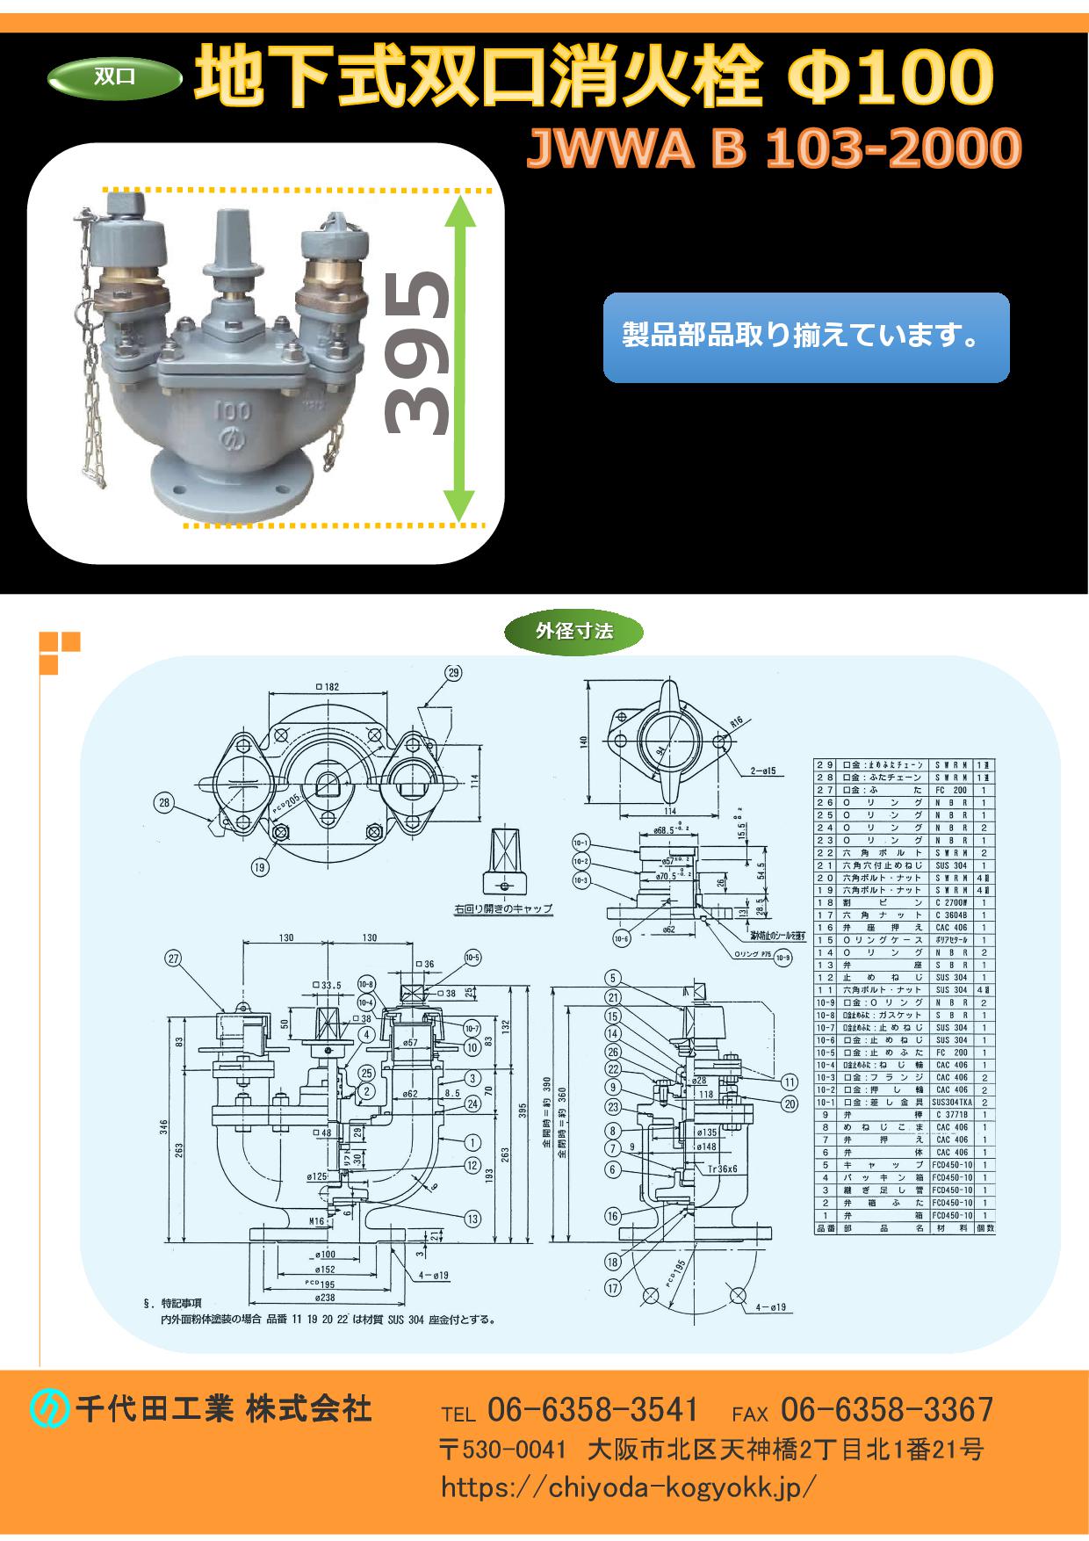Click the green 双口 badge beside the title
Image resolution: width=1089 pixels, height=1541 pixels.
(114, 77)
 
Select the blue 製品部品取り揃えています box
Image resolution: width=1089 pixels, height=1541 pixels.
(806, 337)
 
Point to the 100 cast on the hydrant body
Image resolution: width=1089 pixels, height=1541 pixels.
(232, 411)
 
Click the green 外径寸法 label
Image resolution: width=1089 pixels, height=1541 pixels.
(573, 631)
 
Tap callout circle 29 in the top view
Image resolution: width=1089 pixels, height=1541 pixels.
(452, 674)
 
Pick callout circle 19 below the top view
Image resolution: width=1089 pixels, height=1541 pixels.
(259, 867)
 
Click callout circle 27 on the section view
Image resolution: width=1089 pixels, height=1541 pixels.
(172, 959)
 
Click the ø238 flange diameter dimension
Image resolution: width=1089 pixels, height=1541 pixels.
(325, 1298)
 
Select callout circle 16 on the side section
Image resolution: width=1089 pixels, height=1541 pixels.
(612, 1216)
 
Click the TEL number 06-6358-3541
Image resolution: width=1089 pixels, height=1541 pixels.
(592, 1410)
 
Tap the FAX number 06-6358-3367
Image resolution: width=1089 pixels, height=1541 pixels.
(886, 1410)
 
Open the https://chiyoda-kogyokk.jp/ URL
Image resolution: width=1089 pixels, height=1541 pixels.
(629, 1487)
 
